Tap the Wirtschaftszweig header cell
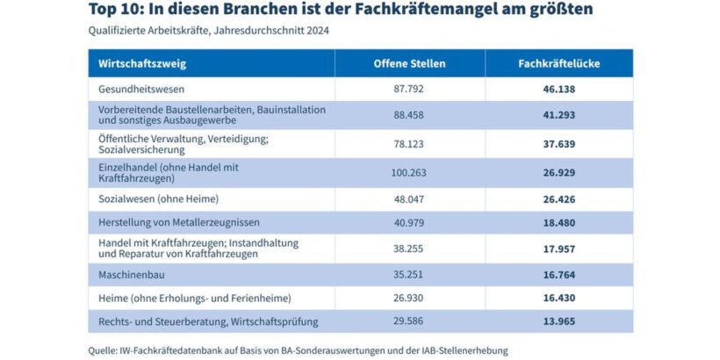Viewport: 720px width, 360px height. coord(142,63)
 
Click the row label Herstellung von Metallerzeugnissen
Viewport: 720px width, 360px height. coord(178,223)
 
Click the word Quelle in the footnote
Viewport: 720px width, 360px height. coord(104,349)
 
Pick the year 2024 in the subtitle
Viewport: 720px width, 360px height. coord(319,31)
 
